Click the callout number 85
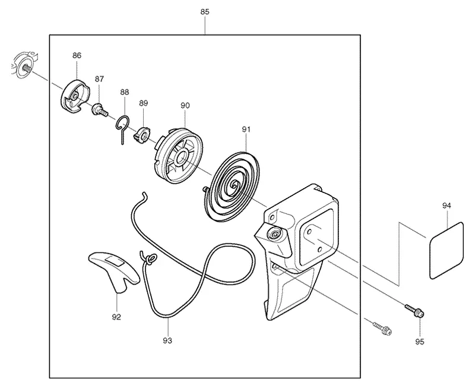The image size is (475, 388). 205,12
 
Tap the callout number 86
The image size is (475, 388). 77,55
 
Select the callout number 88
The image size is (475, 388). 125,92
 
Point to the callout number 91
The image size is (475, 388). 246,130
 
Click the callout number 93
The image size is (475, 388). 167,340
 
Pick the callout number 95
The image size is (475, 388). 420,342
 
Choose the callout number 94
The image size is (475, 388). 446,206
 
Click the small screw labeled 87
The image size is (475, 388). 100,110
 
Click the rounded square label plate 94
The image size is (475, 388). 446,250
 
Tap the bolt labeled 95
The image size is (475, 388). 414,311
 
